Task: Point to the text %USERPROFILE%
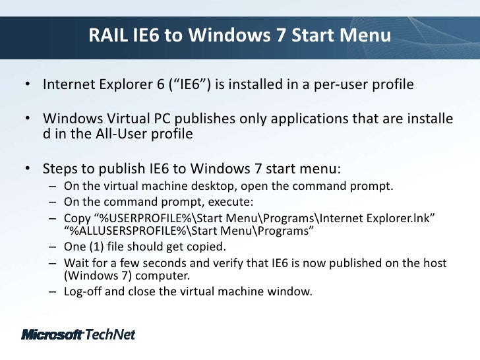142,218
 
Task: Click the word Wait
76,263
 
